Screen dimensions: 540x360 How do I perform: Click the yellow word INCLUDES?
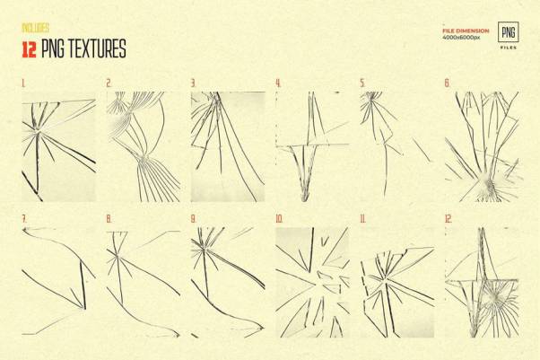36,28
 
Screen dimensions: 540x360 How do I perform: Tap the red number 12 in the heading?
29,49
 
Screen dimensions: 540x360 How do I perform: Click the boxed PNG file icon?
509,32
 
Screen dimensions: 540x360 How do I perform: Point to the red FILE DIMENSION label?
466,31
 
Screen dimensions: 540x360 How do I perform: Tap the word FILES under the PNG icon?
509,48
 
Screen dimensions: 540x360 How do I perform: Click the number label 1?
23,83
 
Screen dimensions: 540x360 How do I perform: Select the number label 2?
109,83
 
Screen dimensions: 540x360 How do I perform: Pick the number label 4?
278,83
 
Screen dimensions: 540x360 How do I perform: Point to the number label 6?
447,83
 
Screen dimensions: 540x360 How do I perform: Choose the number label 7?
24,219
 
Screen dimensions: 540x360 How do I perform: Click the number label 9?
194,219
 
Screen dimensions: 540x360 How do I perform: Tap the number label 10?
279,219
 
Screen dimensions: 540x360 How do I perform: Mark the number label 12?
449,219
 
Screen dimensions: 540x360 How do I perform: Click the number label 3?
194,83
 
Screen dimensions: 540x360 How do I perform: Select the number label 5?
362,83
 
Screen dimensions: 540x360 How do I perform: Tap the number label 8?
109,219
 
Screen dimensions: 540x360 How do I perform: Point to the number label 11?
363,219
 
